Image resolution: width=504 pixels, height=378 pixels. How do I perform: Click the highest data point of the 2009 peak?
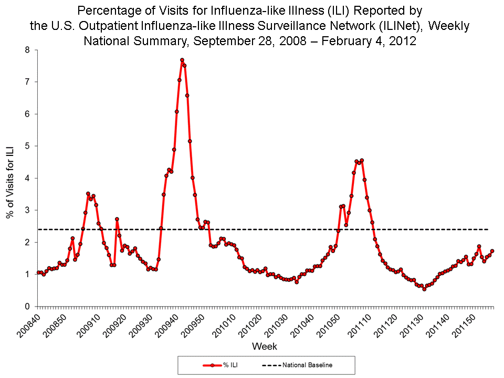click(x=182, y=60)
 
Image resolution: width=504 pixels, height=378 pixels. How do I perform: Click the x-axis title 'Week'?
click(x=265, y=346)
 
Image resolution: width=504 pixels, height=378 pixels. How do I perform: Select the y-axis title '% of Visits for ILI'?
click(x=10, y=178)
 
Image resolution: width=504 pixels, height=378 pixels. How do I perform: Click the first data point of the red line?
click(x=38, y=272)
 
